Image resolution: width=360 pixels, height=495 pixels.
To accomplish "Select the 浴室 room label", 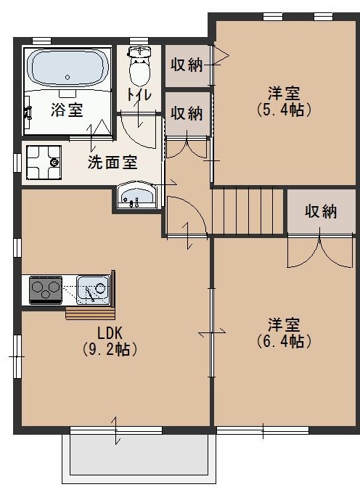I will tap(66, 110).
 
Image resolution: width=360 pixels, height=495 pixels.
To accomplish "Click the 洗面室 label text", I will tap(112, 162).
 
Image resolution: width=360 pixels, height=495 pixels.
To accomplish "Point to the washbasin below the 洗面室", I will tap(136, 195).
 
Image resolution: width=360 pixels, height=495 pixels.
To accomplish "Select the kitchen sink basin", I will tap(92, 291).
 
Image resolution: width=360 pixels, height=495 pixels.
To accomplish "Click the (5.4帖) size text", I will tap(285, 110).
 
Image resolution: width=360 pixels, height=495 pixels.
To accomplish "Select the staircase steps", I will tap(248, 210).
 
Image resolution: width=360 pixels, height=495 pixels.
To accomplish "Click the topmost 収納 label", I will tap(187, 65).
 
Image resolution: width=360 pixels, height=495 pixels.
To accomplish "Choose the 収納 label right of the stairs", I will tap(321, 211).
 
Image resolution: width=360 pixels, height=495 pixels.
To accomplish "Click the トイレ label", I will tap(139, 95).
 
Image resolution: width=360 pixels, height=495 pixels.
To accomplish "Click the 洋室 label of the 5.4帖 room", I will tap(285, 93).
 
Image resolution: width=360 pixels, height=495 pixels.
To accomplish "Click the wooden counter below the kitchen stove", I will tap(90, 313).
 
